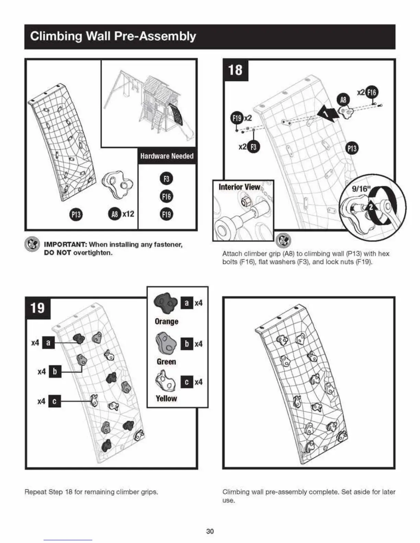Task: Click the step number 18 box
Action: click(235, 70)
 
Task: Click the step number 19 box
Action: click(37, 307)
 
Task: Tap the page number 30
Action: click(210, 531)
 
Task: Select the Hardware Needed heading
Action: click(167, 156)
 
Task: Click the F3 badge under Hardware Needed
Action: click(166, 179)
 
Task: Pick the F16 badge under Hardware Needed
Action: click(166, 196)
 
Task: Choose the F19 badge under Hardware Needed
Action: click(166, 214)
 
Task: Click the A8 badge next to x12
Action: click(114, 214)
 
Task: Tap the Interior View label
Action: click(239, 187)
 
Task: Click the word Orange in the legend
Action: click(166, 322)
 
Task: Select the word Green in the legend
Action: click(166, 362)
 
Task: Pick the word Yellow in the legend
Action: click(166, 398)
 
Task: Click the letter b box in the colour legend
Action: click(186, 344)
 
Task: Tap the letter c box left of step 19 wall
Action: click(55, 401)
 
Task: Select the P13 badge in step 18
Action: click(352, 148)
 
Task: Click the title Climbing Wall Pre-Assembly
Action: click(113, 36)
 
